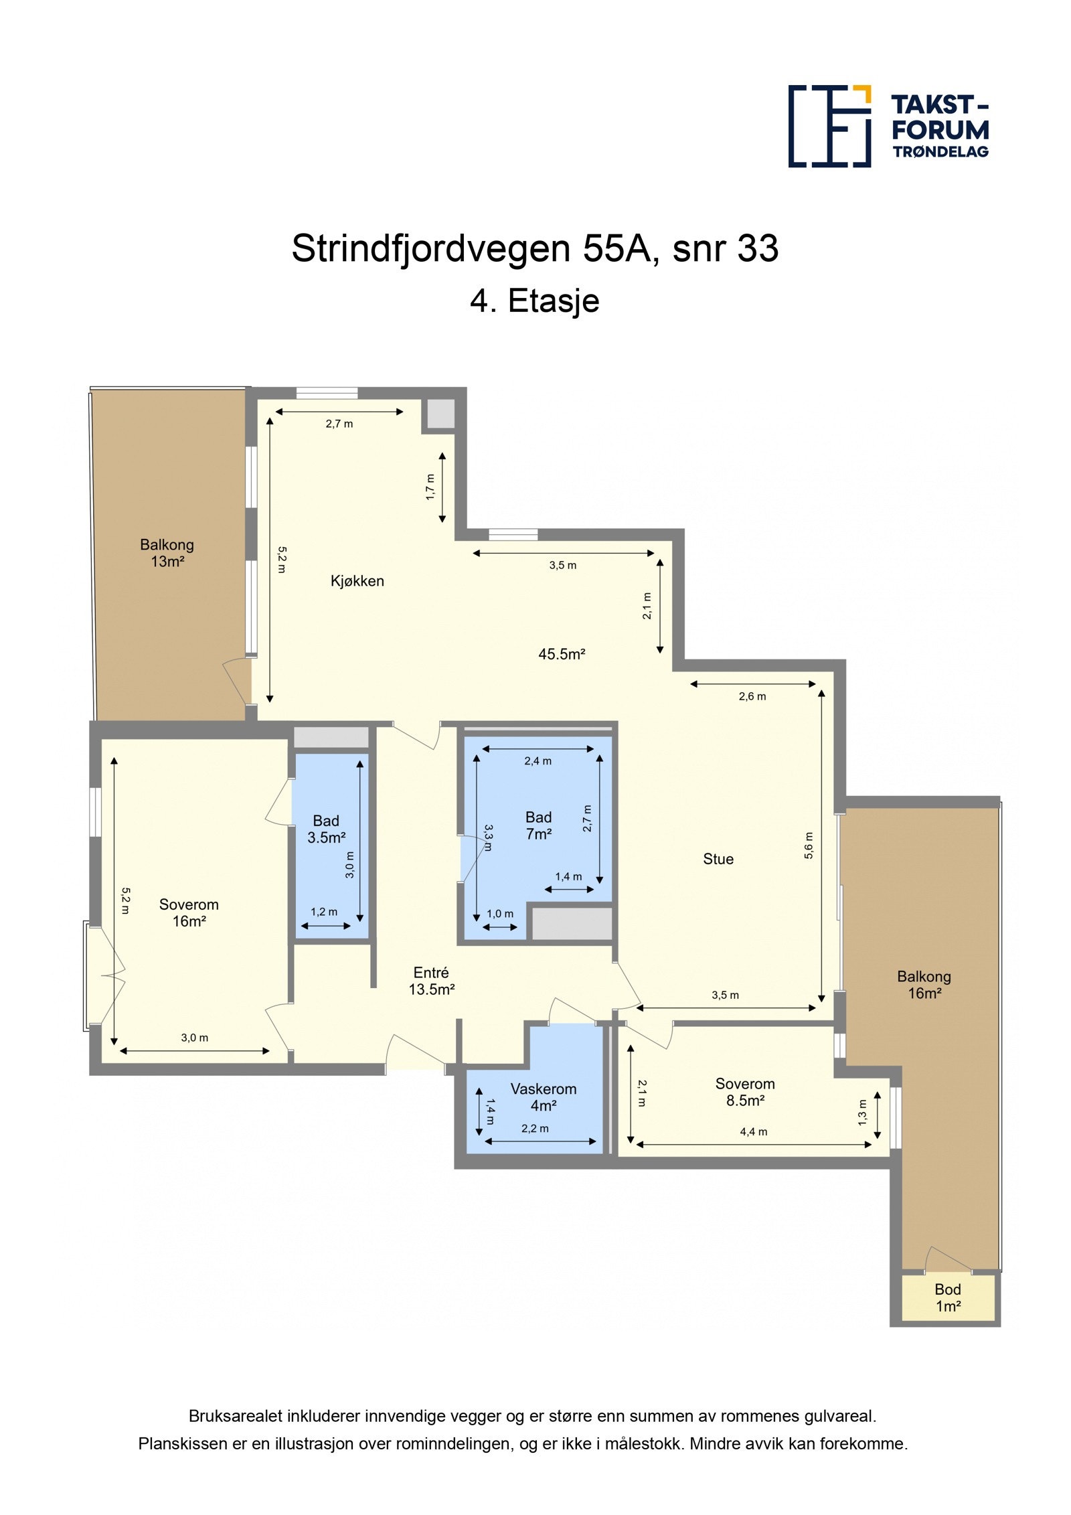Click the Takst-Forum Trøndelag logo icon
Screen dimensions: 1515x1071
[x=829, y=126]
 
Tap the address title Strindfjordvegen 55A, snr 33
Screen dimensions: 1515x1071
[x=534, y=248]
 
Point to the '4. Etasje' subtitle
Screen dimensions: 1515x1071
[x=534, y=301]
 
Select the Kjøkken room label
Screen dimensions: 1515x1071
[x=357, y=581]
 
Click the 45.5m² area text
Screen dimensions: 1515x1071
[x=562, y=654]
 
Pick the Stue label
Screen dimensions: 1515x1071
[x=718, y=859]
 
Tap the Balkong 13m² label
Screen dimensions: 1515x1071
[x=167, y=553]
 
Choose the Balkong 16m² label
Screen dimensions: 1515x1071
[x=924, y=985]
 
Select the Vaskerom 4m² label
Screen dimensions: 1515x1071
[x=543, y=1097]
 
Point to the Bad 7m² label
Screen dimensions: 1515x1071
[x=538, y=825]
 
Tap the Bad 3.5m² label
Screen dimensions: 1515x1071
[x=326, y=829]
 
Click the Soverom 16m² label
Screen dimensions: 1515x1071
[x=189, y=912]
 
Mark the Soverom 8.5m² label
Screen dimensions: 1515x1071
[x=744, y=1092]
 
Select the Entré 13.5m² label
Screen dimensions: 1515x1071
[x=431, y=981]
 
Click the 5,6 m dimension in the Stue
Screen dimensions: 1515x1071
[x=809, y=846]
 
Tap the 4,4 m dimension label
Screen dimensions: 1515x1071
[x=753, y=1132]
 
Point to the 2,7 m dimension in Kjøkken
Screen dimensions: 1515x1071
[x=339, y=424]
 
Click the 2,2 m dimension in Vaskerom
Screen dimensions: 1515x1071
[x=535, y=1129]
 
